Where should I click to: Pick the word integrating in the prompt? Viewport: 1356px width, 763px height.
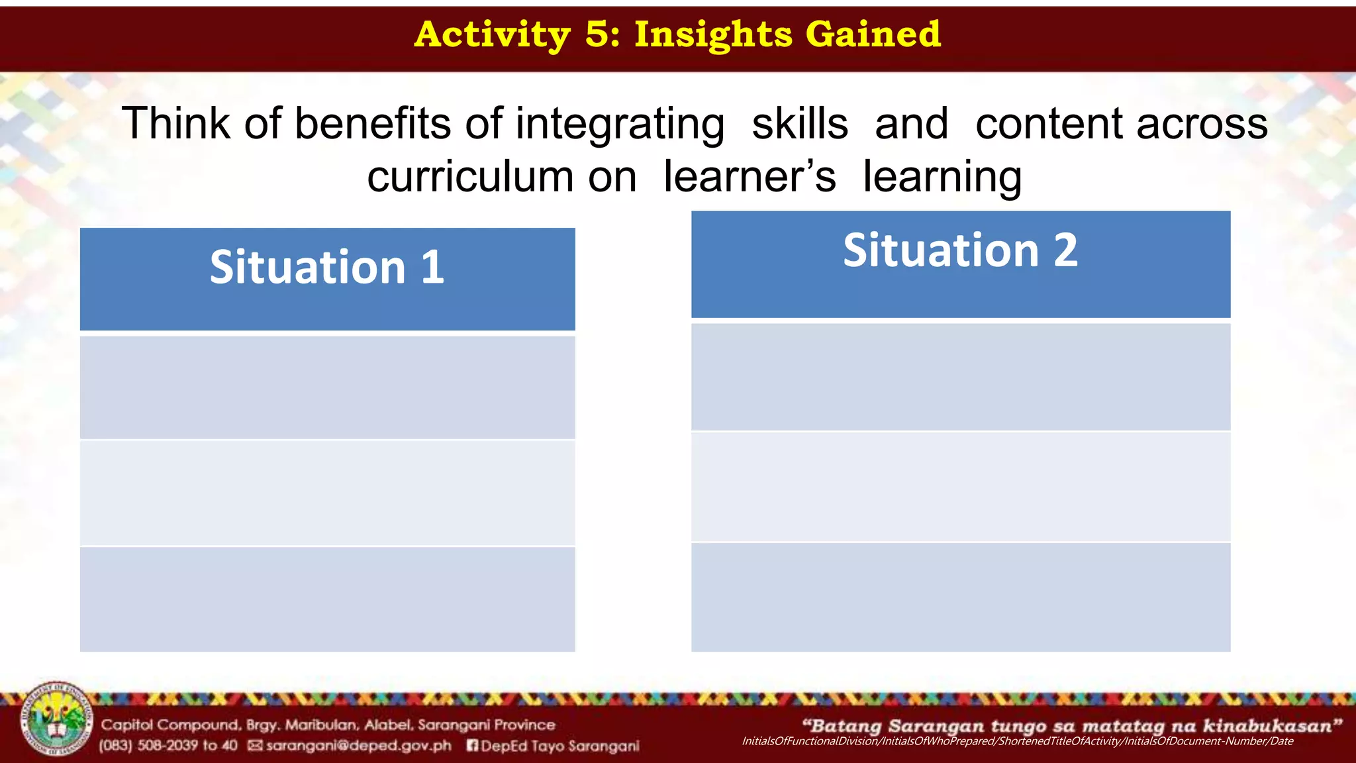pos(620,124)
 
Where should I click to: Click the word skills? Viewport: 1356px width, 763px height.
pos(800,124)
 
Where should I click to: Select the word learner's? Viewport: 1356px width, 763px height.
pos(750,177)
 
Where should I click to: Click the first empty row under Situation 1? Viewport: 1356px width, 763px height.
pos(327,387)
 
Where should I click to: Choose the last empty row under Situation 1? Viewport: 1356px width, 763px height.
pos(327,599)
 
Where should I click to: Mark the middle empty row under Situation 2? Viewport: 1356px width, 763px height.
pos(960,487)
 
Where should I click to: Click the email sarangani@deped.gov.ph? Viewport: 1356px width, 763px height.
pos(358,746)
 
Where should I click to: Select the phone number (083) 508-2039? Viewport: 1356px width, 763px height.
pos(168,746)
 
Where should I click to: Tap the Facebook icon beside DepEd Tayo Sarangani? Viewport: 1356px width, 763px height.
pos(472,746)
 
